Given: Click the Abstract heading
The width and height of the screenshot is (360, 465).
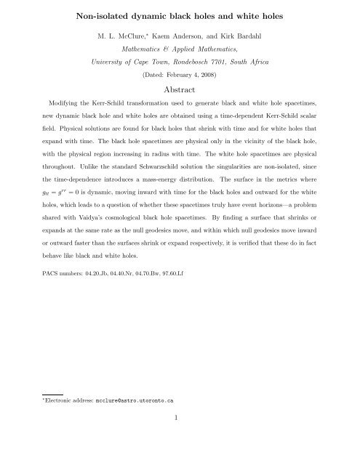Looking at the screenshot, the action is pyautogui.click(x=179, y=93).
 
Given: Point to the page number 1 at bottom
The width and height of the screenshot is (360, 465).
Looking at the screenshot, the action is pyautogui.click(x=180, y=445).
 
